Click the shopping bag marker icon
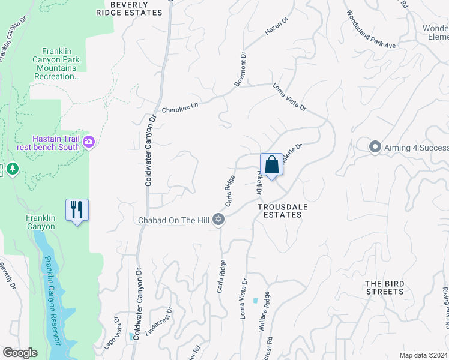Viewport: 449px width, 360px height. coord(271,164)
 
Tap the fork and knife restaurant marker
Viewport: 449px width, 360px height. coord(77,209)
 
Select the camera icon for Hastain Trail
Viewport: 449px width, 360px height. coord(89,142)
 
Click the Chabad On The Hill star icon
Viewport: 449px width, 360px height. coord(219,220)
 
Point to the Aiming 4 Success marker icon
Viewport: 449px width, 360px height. coord(375,146)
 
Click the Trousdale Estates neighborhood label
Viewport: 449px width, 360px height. coord(279,210)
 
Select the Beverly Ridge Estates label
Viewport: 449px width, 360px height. coord(137,8)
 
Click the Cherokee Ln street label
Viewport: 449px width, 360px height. coord(179,107)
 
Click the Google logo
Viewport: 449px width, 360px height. coord(20,353)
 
